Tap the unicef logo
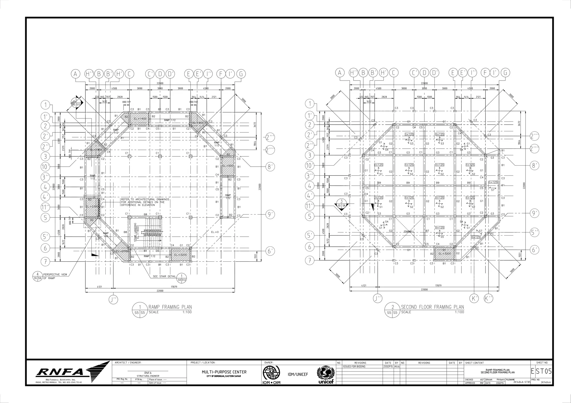coord(325,374)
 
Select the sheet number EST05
coord(541,372)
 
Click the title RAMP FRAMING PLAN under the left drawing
coord(170,307)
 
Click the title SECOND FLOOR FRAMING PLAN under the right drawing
coord(432,307)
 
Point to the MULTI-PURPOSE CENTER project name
coord(224,372)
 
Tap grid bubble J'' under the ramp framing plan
coord(113,300)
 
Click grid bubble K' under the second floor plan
coord(474,298)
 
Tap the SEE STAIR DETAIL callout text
coord(164,276)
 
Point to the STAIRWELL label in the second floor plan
coord(409,232)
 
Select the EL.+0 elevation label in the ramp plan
coord(215,232)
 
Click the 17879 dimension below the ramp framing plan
coord(173,287)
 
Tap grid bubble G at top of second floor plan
coord(505,73)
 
